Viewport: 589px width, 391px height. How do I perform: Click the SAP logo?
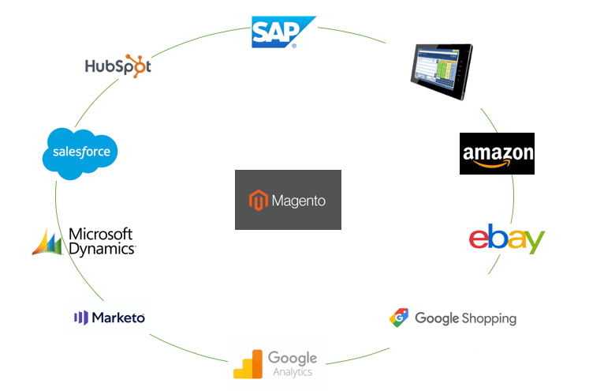click(283, 32)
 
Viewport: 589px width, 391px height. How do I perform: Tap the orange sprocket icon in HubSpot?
click(136, 66)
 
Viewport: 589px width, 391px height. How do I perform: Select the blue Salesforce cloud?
click(80, 153)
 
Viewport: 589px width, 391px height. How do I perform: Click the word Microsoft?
click(101, 234)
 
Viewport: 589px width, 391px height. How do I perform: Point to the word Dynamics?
click(102, 249)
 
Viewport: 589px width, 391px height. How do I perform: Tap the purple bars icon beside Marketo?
click(81, 318)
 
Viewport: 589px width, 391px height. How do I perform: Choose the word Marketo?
click(118, 318)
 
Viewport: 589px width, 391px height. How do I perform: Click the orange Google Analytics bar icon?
click(248, 364)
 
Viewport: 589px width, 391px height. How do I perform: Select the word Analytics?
click(293, 372)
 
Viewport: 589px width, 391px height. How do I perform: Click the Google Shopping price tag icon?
click(399, 318)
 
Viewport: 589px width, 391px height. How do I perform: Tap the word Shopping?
click(489, 319)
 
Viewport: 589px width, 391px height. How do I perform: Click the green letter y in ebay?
click(533, 241)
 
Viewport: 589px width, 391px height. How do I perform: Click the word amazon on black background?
click(498, 152)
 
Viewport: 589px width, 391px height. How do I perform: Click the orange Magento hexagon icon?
click(259, 200)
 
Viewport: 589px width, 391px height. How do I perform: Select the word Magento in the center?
click(299, 201)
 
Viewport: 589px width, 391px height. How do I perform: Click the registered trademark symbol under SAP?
click(294, 46)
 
